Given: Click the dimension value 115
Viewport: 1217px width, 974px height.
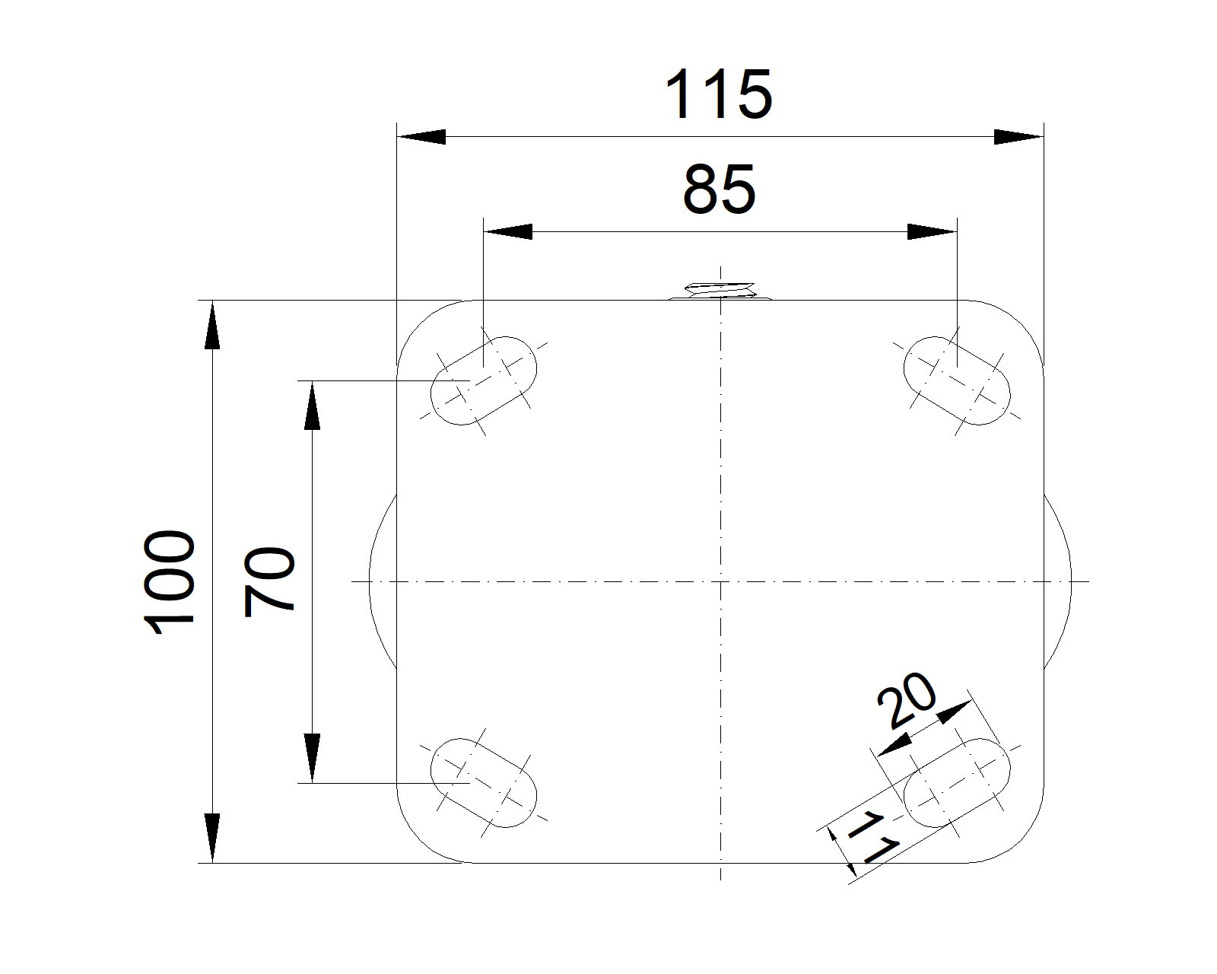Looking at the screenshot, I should coord(719,94).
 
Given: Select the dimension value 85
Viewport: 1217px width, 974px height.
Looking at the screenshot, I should coord(719,189).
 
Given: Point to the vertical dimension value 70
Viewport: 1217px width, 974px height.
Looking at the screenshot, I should coord(269,581).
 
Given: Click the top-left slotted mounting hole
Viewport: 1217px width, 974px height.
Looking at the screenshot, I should coord(484,380).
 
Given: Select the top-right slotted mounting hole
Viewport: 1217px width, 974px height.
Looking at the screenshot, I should coord(957,380).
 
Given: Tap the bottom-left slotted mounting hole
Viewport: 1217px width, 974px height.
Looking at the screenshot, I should coord(484,782).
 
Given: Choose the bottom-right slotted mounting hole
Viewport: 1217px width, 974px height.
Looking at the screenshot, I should coord(957,782).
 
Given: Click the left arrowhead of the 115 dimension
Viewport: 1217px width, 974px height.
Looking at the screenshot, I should coord(421,137).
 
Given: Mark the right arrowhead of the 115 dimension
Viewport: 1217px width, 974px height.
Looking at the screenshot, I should coord(1019,137).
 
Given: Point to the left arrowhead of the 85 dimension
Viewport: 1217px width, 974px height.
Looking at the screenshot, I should coord(507,231).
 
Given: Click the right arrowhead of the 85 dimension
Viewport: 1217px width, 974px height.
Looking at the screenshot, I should coord(933,231).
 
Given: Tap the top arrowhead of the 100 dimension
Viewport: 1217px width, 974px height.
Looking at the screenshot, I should coord(212,326).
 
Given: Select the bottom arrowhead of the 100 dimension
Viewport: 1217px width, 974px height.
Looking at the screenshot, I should coord(212,839).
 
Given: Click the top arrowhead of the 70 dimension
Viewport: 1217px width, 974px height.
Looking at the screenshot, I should coord(312,405).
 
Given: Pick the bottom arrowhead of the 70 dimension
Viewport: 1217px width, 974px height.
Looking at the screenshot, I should coord(312,758).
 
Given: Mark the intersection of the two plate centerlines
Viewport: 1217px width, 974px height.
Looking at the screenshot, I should coord(720,582).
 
